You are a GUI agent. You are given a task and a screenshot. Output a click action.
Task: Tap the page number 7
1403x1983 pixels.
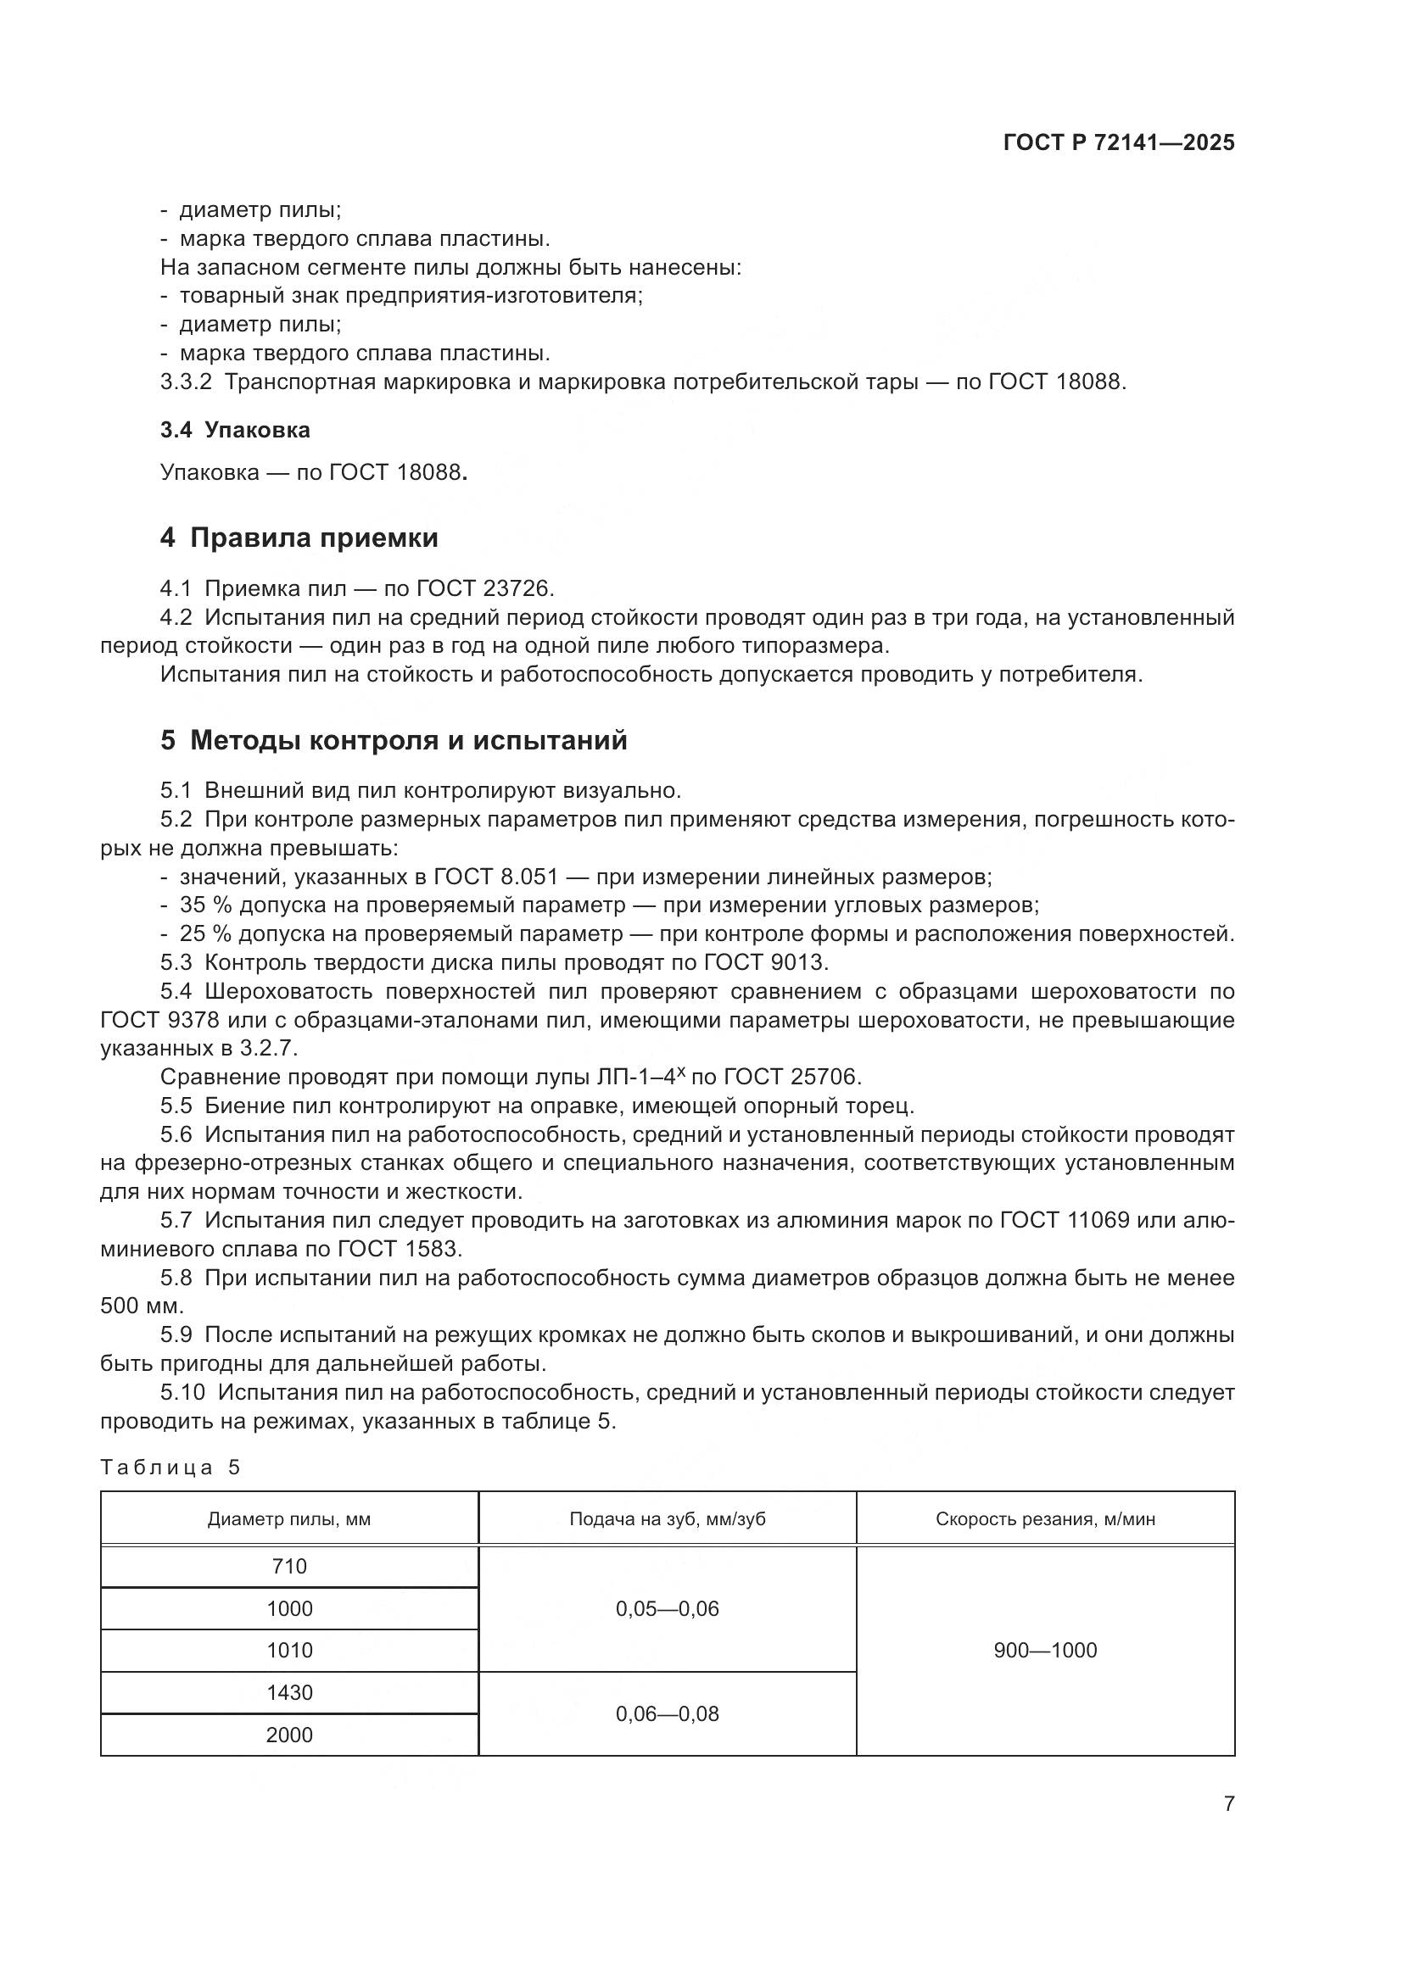(1228, 1803)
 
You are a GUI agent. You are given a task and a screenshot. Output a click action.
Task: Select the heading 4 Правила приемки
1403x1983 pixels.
(299, 538)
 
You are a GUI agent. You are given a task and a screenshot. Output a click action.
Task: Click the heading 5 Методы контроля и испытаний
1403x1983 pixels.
(393, 740)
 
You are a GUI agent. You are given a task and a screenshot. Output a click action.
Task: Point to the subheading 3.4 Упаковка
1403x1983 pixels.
(235, 430)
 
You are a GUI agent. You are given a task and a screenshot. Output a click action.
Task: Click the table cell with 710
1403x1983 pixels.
(289, 1566)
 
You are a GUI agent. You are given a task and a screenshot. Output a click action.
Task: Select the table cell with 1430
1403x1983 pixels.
(289, 1692)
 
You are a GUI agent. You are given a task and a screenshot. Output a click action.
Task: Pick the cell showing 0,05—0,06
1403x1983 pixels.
(667, 1608)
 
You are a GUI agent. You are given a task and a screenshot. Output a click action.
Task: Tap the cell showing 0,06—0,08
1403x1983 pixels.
(667, 1713)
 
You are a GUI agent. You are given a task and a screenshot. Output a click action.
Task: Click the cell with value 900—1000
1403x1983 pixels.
(1045, 1651)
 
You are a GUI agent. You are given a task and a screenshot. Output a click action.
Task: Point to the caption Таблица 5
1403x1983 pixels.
(170, 1468)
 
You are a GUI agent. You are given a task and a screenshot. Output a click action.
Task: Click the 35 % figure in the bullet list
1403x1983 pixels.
(205, 905)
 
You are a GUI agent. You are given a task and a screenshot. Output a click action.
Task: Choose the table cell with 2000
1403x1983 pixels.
(289, 1735)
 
